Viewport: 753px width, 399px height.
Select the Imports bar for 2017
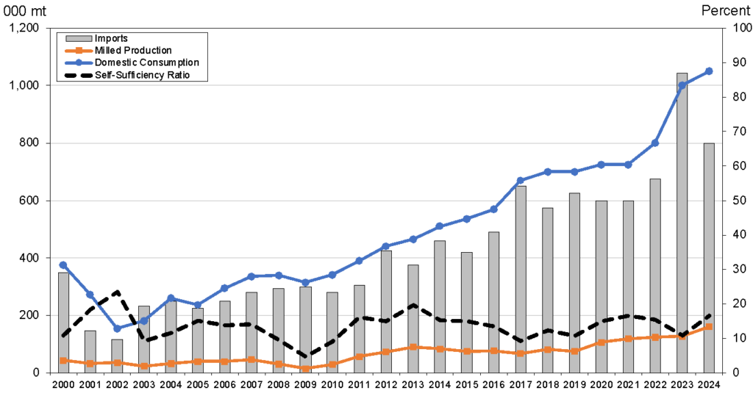coord(521,279)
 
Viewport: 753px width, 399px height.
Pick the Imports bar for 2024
coord(709,257)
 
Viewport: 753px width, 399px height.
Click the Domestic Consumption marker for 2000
coord(63,265)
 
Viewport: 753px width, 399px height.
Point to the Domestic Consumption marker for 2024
coord(709,71)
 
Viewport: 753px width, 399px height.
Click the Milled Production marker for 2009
coord(305,368)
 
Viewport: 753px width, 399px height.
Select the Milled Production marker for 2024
coord(709,326)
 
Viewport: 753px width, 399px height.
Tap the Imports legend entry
coord(111,38)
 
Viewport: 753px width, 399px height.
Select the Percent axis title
coord(726,10)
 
